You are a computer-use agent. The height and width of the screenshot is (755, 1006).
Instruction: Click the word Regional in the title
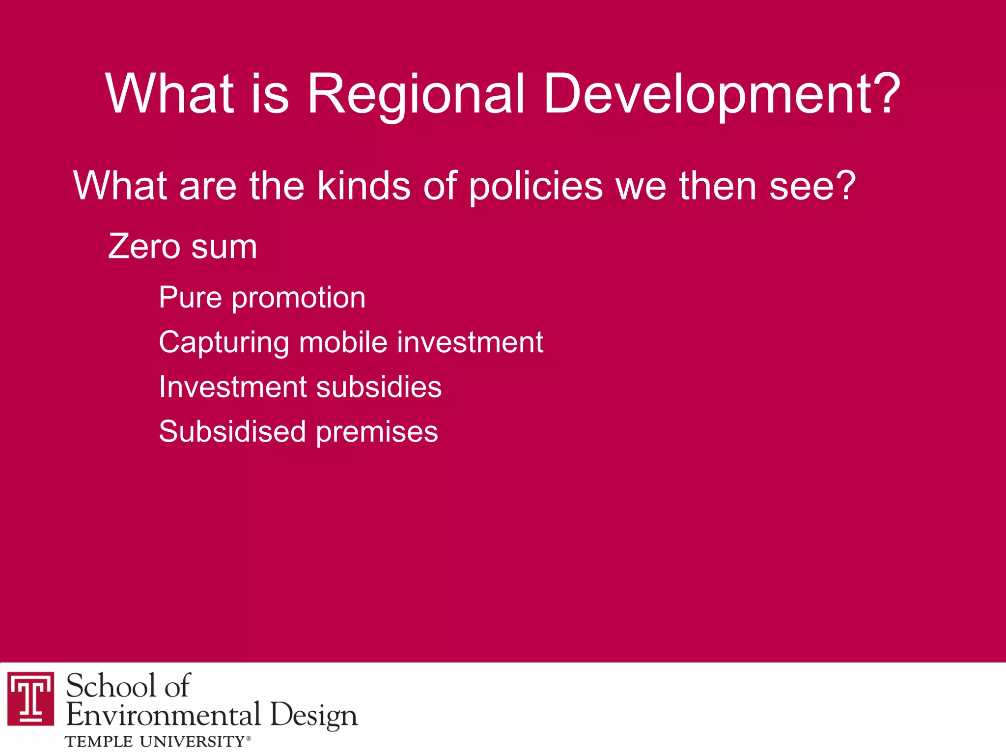coord(416,94)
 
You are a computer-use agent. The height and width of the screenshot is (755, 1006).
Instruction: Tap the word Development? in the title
coord(722,94)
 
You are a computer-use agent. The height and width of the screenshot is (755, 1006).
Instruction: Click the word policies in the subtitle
coord(535,186)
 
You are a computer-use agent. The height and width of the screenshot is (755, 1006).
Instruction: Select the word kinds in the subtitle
coord(363,186)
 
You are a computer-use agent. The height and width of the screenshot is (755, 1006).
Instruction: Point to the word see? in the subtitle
coord(812,186)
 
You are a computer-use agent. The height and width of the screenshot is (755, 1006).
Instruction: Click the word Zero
coord(144,247)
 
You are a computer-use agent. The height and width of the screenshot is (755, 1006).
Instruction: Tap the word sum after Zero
coord(224,247)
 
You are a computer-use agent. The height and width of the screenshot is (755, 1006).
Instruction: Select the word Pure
coord(190,298)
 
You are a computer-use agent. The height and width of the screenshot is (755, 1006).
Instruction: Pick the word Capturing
coord(224,343)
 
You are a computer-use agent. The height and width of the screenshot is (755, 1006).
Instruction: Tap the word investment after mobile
coord(470,342)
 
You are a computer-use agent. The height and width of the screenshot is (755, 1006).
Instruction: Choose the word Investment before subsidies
coord(233,387)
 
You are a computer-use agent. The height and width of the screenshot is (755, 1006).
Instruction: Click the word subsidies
coord(379,387)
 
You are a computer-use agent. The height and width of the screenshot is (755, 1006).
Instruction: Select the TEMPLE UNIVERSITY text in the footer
coord(155,741)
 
